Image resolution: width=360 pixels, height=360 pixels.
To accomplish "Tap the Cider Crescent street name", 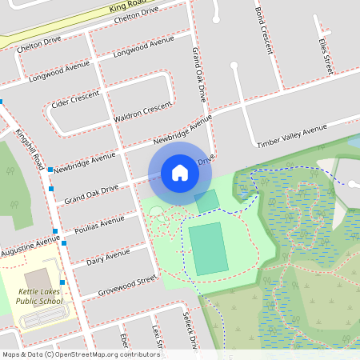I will tap(74, 98).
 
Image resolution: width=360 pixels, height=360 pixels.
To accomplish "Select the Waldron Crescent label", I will tap(143, 113).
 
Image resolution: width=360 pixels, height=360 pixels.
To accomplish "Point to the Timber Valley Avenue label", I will tap(292, 135).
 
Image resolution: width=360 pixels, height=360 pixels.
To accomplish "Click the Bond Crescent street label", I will tap(263, 32).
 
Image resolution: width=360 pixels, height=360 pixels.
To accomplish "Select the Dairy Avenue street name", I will tap(107, 257).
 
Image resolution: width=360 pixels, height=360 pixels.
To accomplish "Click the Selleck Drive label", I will tap(190, 330).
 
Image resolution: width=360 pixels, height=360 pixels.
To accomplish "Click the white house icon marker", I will tap(180, 172).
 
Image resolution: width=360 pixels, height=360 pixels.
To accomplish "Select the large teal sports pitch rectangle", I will tap(208, 248).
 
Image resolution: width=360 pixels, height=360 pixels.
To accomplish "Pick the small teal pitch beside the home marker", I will tap(207, 202).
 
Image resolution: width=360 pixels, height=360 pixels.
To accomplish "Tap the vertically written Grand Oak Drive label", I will tap(198, 74).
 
